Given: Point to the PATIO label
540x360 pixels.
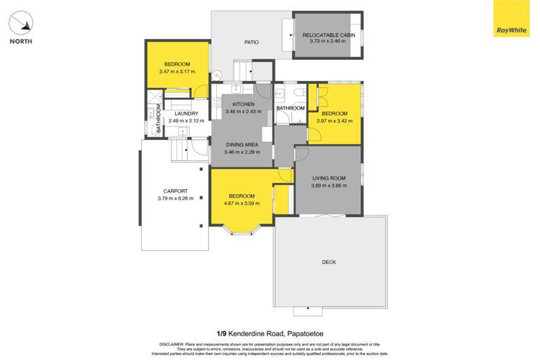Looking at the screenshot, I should (252, 42).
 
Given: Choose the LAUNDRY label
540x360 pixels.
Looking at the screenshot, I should (186, 113).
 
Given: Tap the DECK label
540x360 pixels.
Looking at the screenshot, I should (329, 262).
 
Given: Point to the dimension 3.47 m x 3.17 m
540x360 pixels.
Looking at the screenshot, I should (176, 71).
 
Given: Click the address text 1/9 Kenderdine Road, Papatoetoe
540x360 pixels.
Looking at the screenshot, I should (270, 333).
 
